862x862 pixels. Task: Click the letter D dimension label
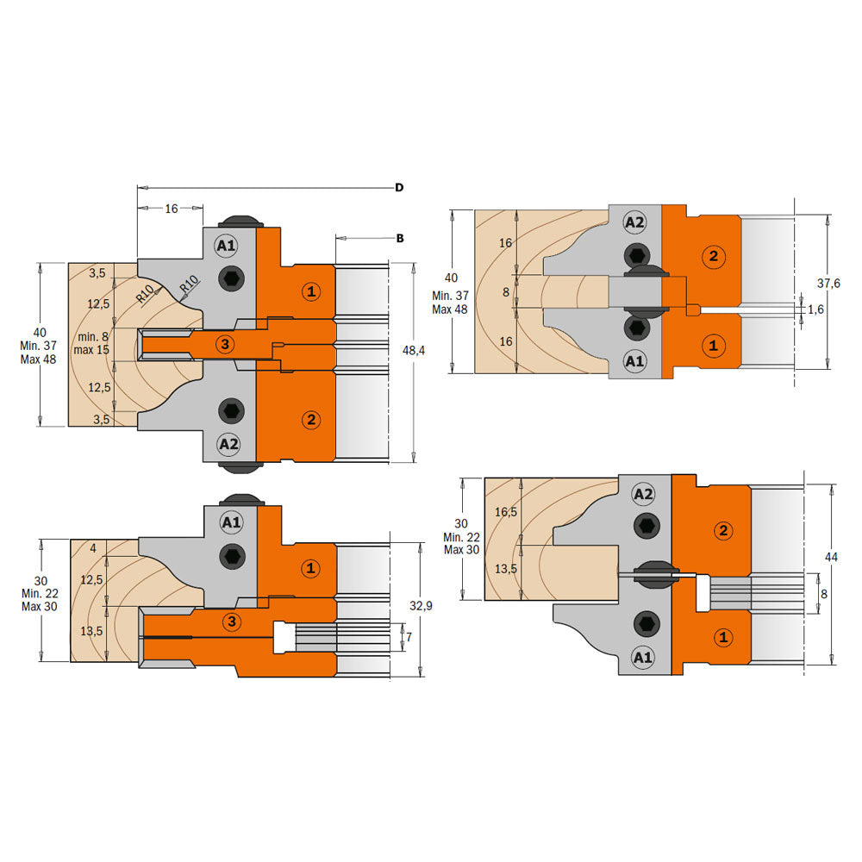[x=399, y=187]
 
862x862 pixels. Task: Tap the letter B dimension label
[x=399, y=238]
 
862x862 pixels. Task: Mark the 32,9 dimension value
[x=421, y=607]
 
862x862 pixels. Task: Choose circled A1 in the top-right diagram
[x=634, y=362]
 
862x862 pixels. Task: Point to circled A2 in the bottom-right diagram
[x=643, y=494]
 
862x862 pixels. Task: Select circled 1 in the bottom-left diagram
[x=311, y=569]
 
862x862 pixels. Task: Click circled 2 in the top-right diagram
[x=712, y=255]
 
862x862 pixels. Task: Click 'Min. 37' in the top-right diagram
[x=448, y=296]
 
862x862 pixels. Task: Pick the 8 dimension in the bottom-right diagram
[x=825, y=593]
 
